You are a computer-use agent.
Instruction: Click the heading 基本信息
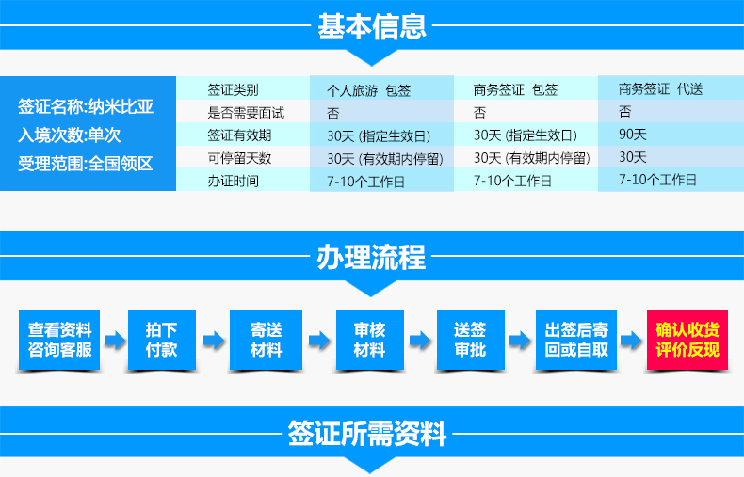point(371,25)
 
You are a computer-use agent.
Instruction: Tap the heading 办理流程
point(371,257)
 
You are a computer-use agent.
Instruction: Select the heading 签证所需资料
point(366,433)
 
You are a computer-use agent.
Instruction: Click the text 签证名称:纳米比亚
point(86,106)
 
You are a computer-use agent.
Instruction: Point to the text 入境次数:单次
point(70,135)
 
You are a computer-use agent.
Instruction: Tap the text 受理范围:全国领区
point(86,164)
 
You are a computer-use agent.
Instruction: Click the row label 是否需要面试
point(246,112)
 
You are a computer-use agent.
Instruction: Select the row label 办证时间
point(233,181)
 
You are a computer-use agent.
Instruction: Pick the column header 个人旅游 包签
point(368,90)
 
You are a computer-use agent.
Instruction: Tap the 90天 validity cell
point(633,135)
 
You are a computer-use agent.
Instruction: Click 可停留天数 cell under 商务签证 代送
point(633,157)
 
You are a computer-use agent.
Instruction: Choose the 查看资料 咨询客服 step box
point(59,340)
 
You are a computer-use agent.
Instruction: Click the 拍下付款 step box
point(162,340)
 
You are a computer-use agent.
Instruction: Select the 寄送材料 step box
point(266,340)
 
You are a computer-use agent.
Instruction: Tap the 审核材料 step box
point(369,340)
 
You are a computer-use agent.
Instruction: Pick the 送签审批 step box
point(470,340)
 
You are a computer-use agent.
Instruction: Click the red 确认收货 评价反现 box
point(687,340)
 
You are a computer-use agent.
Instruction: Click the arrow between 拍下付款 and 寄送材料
point(214,340)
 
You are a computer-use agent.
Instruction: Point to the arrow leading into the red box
point(631,340)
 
